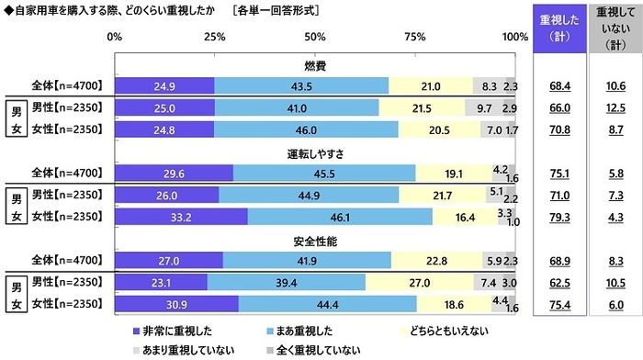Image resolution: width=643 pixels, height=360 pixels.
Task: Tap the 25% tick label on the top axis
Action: (x=215, y=37)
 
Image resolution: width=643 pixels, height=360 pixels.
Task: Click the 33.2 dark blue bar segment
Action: (x=181, y=217)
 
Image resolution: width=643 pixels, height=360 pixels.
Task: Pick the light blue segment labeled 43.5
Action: (x=301, y=86)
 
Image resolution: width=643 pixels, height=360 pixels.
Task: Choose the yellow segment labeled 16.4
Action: (x=465, y=217)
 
